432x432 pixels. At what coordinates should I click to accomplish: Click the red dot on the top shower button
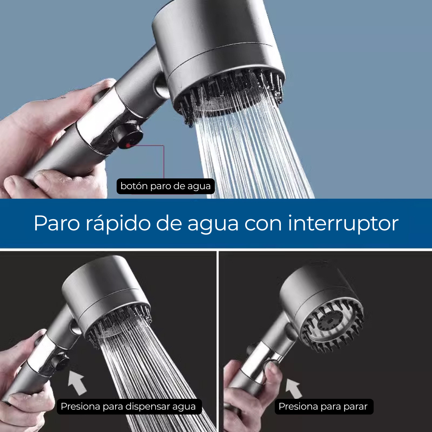click(128, 145)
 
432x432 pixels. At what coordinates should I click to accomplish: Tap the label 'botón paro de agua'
click(166, 186)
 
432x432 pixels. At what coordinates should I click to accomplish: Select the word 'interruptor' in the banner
click(343, 223)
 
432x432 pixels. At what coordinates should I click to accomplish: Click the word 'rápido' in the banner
click(118, 223)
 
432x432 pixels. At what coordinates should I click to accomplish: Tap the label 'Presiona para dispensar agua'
click(128, 406)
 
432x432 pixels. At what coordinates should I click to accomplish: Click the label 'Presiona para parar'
click(323, 406)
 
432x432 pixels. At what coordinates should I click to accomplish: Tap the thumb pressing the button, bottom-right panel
click(272, 370)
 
